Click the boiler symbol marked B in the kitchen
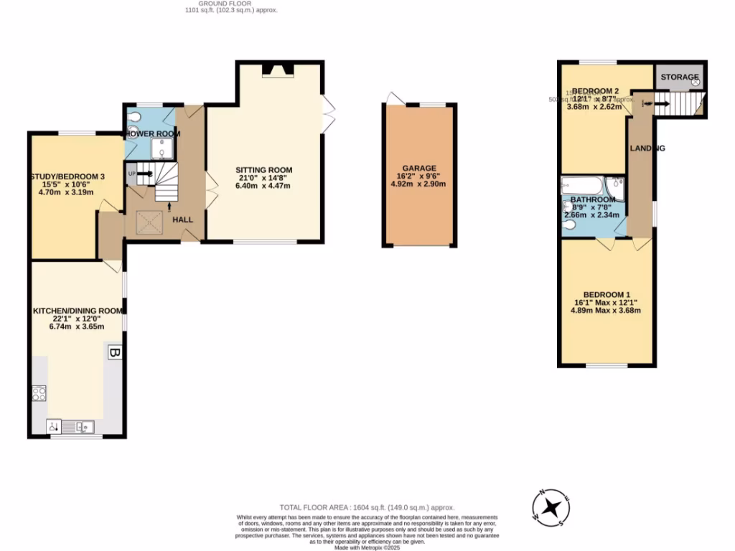[113, 352]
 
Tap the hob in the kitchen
[39, 392]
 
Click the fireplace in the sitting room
[278, 70]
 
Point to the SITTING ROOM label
[265, 170]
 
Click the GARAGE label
[419, 169]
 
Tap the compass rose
[551, 507]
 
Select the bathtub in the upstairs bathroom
[583, 185]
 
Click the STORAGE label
[679, 77]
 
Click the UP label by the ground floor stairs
[131, 173]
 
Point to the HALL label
[182, 220]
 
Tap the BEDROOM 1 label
[607, 295]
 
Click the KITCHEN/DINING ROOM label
[78, 311]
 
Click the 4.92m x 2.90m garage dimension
[419, 184]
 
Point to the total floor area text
[367, 507]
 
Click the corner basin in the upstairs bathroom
[616, 189]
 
